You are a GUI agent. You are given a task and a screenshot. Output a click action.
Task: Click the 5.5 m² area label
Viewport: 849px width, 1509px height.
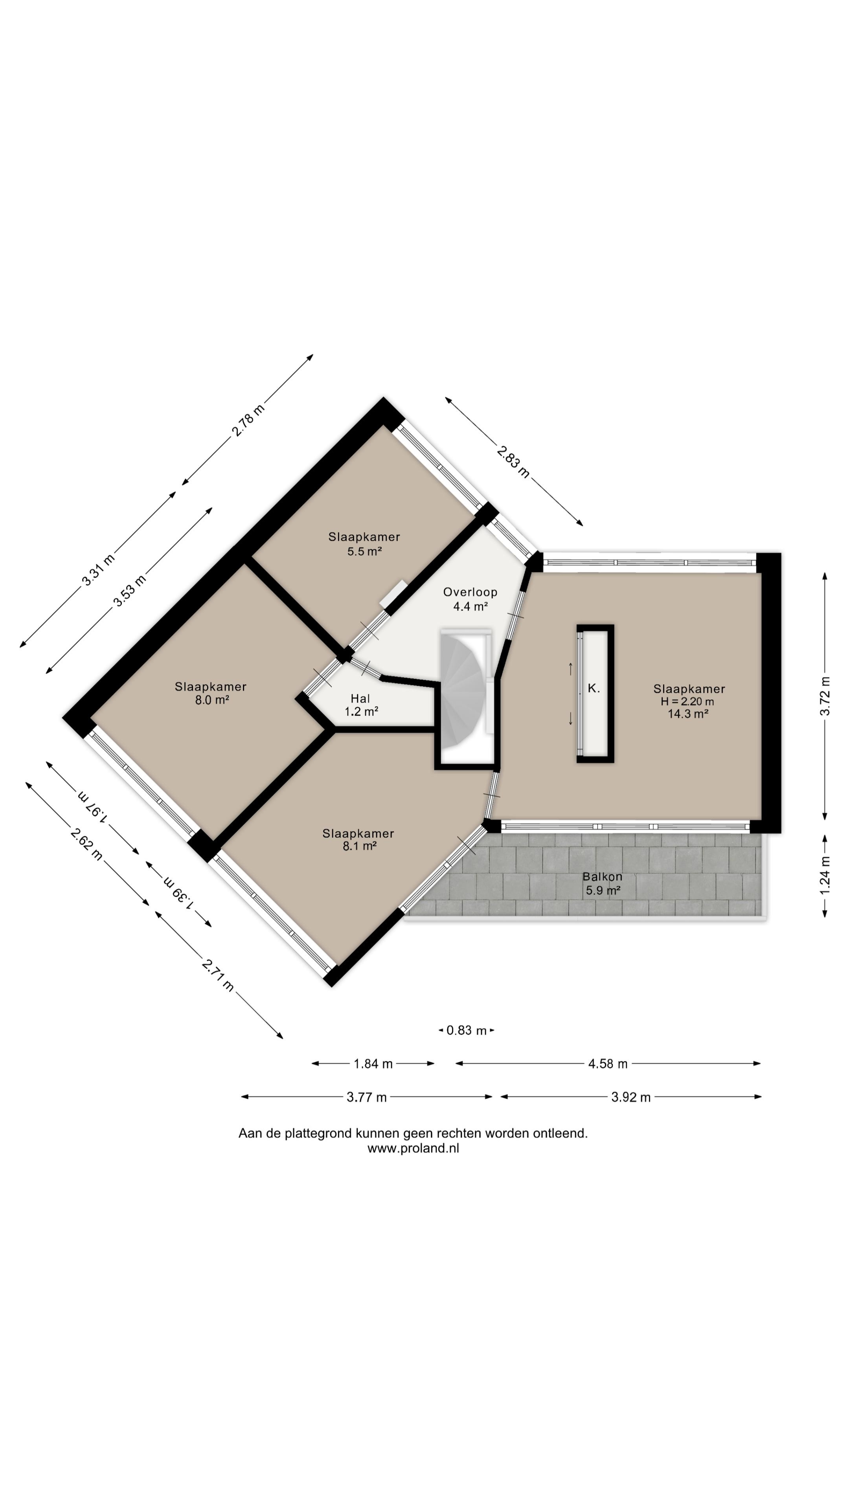364,551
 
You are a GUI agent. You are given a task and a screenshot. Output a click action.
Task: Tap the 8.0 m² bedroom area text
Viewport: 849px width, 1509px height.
211,700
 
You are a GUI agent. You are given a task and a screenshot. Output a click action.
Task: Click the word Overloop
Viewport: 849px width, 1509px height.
470,592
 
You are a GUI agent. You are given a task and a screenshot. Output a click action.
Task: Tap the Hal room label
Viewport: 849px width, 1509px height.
360,698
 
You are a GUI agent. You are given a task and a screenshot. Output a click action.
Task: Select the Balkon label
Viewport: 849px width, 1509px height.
602,877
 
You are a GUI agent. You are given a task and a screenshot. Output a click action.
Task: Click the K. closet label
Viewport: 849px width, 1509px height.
594,688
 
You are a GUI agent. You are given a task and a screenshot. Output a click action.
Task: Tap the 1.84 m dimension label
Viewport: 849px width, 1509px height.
373,1064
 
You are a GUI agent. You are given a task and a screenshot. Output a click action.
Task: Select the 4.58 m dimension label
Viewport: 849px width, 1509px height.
608,1064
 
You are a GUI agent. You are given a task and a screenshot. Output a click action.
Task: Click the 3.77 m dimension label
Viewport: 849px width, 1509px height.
367,1097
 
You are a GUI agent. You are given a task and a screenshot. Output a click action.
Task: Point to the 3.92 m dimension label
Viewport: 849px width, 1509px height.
631,1097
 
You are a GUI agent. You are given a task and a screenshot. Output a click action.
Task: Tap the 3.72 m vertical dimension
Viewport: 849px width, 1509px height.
825,696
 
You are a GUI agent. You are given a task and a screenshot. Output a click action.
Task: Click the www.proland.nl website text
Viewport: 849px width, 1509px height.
413,1148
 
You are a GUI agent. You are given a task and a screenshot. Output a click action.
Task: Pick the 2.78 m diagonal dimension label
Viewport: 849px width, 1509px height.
248,419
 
